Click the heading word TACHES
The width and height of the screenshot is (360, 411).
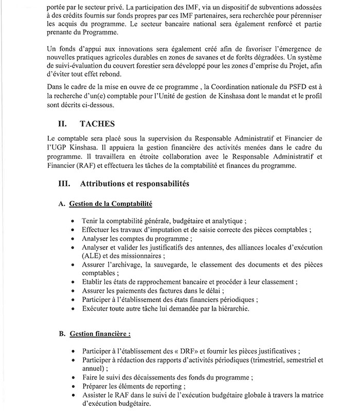[101, 124]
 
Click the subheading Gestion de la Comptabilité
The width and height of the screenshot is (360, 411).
[111, 204]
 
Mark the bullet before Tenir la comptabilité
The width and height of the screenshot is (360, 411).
[76, 220]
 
